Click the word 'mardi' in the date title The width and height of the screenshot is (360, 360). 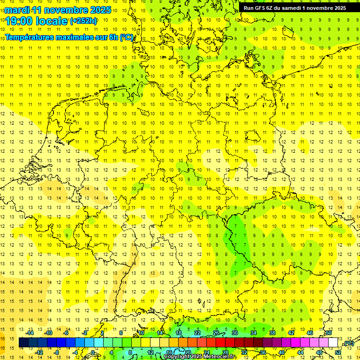coord(17,10)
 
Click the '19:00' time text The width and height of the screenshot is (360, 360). coord(22,21)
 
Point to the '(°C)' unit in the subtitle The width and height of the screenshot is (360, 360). coord(127,37)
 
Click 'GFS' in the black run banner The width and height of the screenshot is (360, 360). coord(260,8)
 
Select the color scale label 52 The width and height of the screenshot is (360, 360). coord(338,352)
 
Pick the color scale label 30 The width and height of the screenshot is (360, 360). coord(235,332)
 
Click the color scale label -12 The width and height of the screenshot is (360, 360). coord(39,352)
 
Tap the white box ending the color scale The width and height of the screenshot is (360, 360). coord(333,343)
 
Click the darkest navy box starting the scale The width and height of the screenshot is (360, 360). coord(23,343)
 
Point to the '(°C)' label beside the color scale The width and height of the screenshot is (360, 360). coord(348,343)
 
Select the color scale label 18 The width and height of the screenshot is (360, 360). coord(179,332)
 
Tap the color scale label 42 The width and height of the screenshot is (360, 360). coord(291,332)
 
